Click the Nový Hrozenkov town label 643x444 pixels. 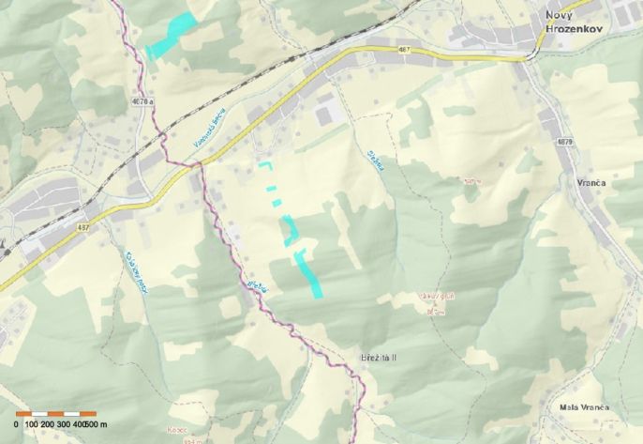click(x=571, y=23)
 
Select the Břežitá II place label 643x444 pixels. click(x=379, y=358)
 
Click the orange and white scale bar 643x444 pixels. click(x=55, y=413)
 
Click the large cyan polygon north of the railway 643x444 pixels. click(x=172, y=36)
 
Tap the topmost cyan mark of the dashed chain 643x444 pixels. click(x=264, y=164)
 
